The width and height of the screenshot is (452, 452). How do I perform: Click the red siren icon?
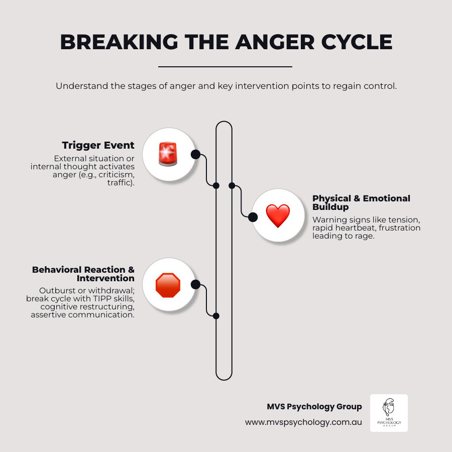coord(168,154)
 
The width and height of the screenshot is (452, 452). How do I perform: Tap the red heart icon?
coord(278,216)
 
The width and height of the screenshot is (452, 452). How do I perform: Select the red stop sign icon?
coord(168,285)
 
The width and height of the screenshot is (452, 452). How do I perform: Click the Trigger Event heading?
coord(98,146)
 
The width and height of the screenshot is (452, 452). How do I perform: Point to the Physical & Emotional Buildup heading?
coord(361,202)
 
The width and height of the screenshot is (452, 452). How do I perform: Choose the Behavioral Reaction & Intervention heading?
coord(83,274)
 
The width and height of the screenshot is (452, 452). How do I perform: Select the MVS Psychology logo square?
coord(389,413)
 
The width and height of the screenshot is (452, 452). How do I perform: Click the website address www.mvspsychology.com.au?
coord(303,422)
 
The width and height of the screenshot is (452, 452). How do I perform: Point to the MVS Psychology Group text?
coord(314,406)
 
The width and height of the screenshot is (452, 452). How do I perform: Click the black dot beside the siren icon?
coord(195,154)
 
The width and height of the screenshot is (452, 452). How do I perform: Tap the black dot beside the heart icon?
coord(253,217)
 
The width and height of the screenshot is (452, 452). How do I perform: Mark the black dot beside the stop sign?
coord(195,285)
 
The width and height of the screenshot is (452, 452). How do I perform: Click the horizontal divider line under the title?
coord(225,66)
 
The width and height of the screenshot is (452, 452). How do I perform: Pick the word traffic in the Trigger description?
coord(121,183)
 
